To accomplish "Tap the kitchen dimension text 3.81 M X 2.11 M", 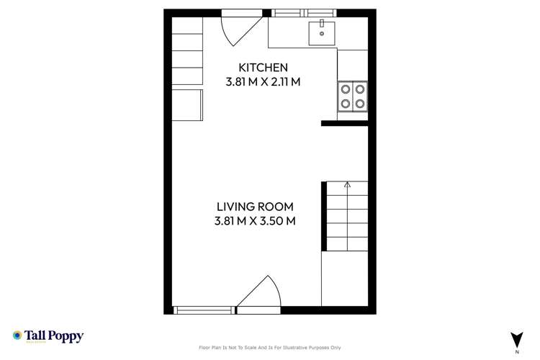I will coord(263,81).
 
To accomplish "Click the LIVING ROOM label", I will coord(255,207).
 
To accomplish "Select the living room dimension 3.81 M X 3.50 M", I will coord(255,221).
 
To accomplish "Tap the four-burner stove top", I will coord(352,96).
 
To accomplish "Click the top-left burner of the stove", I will coord(346,90).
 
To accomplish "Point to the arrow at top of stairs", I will coord(347,185).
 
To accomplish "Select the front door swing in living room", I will coord(258,295).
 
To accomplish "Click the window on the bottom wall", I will coord(204,310).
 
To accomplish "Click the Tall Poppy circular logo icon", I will coord(17,336).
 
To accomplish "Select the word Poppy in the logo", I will coord(68,336).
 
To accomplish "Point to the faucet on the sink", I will coord(321,24).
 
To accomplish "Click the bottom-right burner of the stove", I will coord(359,104).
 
